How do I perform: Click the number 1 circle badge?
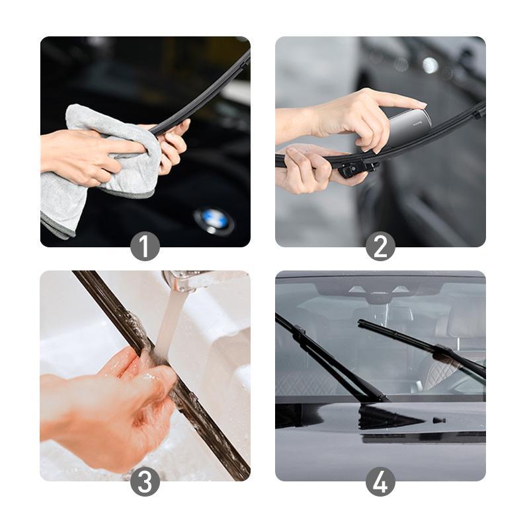pos(145,247)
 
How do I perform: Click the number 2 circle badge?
pos(380,247)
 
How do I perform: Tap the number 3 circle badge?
pos(145,481)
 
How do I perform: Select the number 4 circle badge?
pos(380,481)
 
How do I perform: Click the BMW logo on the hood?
pos(214,220)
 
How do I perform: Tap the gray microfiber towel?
pos(99,165)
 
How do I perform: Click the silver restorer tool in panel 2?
pos(407,126)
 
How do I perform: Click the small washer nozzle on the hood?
pos(438,420)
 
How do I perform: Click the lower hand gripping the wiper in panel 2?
pos(311,169)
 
